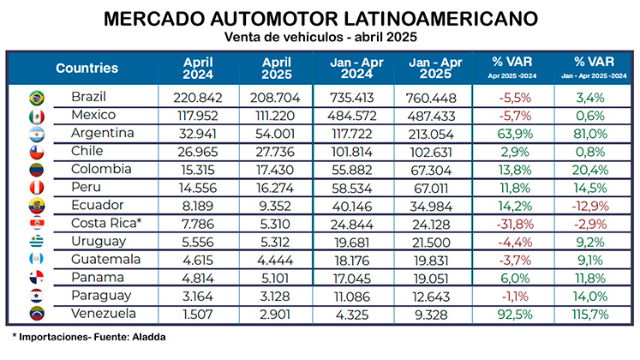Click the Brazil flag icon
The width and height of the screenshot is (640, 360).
[37, 97]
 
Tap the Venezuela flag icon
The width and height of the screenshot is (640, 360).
[37, 314]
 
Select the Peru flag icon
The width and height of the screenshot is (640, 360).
[37, 188]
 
